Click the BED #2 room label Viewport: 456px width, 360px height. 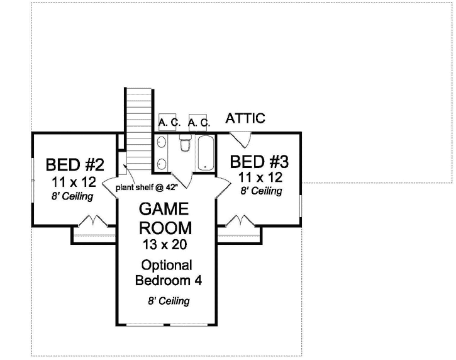pos(75,166)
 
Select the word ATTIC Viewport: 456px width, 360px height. pos(245,118)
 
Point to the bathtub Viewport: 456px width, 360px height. pos(205,152)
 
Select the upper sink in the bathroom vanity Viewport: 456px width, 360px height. pos(162,143)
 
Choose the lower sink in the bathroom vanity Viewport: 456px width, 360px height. pos(162,164)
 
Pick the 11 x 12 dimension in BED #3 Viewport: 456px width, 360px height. pos(260,177)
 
